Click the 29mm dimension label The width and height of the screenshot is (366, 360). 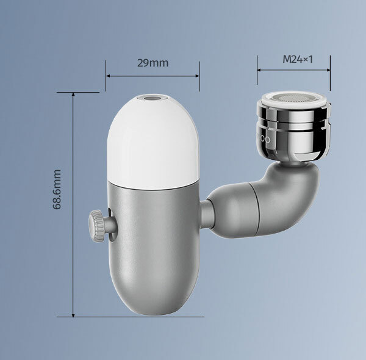(x=152, y=63)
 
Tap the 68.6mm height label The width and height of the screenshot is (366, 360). (x=57, y=189)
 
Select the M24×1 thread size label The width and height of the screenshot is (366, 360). (x=298, y=59)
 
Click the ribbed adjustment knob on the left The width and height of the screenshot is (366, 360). (x=96, y=226)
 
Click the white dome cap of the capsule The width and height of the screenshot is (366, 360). (x=153, y=142)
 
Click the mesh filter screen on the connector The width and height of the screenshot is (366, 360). (x=293, y=98)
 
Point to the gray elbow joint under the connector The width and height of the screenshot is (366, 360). (x=287, y=198)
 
